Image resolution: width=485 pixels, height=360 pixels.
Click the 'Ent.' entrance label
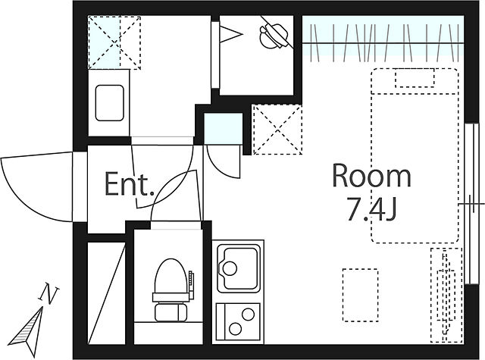(x=130, y=184)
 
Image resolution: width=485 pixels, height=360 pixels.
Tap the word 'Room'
(x=371, y=176)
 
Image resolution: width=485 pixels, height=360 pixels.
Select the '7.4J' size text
(x=371, y=210)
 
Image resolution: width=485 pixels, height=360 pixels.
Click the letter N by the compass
(x=48, y=293)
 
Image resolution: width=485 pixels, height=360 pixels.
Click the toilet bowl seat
(x=171, y=276)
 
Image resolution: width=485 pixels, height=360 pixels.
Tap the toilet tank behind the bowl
(x=171, y=312)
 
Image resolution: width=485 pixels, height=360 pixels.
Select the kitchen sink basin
(x=238, y=268)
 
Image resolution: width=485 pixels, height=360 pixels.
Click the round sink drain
(x=230, y=268)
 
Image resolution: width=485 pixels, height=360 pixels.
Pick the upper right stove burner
(x=248, y=315)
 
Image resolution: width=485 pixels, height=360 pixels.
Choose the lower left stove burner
(x=236, y=329)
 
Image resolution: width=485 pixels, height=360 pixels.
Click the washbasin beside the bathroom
(x=109, y=103)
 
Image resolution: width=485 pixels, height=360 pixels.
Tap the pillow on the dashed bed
(x=415, y=77)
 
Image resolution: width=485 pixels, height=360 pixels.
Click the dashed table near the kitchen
(x=361, y=295)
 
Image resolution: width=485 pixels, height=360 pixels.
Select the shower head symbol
(x=275, y=36)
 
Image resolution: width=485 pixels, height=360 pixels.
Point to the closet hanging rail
(x=383, y=42)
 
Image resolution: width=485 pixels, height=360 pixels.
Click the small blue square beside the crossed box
(x=223, y=129)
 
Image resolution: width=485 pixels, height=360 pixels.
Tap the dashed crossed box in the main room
(x=277, y=130)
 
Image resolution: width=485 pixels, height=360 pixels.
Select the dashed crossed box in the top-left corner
(x=114, y=43)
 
